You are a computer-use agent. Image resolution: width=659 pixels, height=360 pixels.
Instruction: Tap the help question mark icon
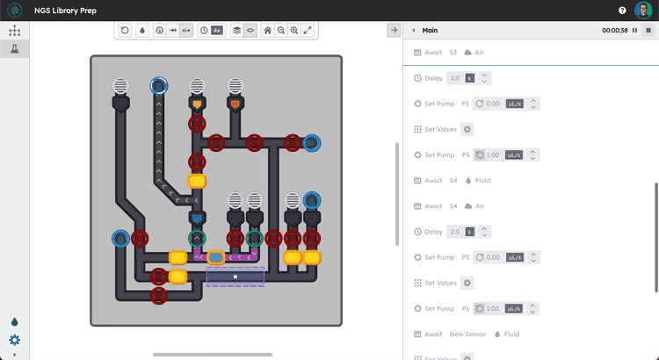pos(622,11)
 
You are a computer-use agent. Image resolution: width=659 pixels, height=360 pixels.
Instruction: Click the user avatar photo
pos(642,11)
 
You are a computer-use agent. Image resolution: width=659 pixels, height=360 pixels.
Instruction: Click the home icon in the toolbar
pos(268,30)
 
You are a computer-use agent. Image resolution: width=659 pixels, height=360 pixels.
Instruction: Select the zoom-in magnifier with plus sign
pos(293,30)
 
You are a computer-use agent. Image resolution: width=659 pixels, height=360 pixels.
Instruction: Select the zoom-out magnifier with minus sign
pos(281,30)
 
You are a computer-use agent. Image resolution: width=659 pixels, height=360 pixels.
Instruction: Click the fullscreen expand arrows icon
pos(308,30)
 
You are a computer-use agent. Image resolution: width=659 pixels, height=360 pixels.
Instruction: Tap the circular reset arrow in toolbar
pos(125,30)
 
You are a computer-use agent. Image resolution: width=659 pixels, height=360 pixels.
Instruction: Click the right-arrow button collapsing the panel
pos(393,30)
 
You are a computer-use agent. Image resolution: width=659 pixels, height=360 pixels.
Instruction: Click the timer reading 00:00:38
pos(614,30)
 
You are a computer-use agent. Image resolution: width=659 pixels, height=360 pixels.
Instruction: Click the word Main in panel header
pos(430,30)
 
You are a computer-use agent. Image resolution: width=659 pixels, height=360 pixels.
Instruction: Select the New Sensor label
pos(467,335)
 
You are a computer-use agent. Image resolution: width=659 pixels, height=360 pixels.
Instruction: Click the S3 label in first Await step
pos(453,53)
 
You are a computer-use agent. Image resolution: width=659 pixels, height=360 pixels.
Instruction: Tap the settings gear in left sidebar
pos(14,341)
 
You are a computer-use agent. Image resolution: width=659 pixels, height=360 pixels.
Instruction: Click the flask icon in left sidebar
pos(14,49)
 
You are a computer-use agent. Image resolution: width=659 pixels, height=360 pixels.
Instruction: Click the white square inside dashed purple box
pos(235,277)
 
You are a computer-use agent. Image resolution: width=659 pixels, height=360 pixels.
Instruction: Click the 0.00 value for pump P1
pos(492,104)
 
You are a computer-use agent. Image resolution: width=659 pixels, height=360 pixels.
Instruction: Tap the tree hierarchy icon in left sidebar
pos(14,30)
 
